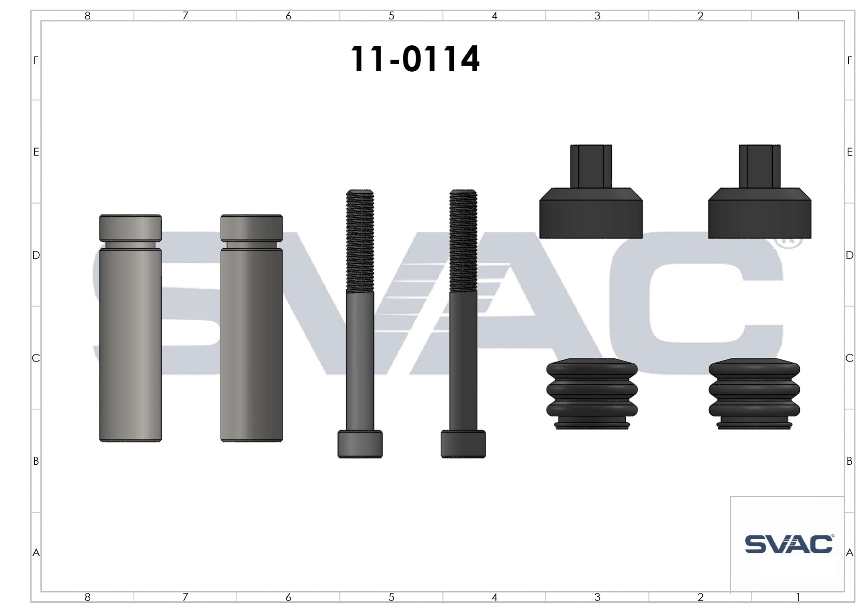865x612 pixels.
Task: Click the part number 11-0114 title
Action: pos(415,59)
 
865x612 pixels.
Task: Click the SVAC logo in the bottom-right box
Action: pos(789,544)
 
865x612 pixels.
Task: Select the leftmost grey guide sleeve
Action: pos(130,328)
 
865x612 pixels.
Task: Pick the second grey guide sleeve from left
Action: pos(252,328)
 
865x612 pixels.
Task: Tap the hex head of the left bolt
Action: pos(360,444)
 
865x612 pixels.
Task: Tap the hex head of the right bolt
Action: pos(463,444)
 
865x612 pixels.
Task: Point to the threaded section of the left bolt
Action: pos(360,241)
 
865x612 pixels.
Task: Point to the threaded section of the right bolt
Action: pos(463,241)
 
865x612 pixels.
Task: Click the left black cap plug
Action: pos(591,192)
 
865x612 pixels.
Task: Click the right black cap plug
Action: pos(760,192)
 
